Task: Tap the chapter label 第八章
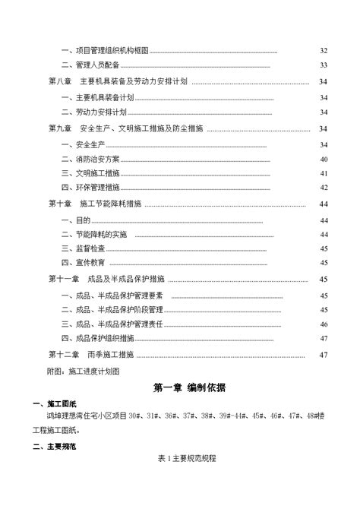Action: [x=60, y=81]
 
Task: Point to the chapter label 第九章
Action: [x=60, y=129]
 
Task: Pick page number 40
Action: [x=323, y=160]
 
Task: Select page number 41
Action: [x=323, y=174]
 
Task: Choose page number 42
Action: [x=323, y=188]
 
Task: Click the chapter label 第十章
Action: [x=60, y=204]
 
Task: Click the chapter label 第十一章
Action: [x=64, y=279]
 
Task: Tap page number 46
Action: [x=323, y=324]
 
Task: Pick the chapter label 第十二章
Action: [x=64, y=355]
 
